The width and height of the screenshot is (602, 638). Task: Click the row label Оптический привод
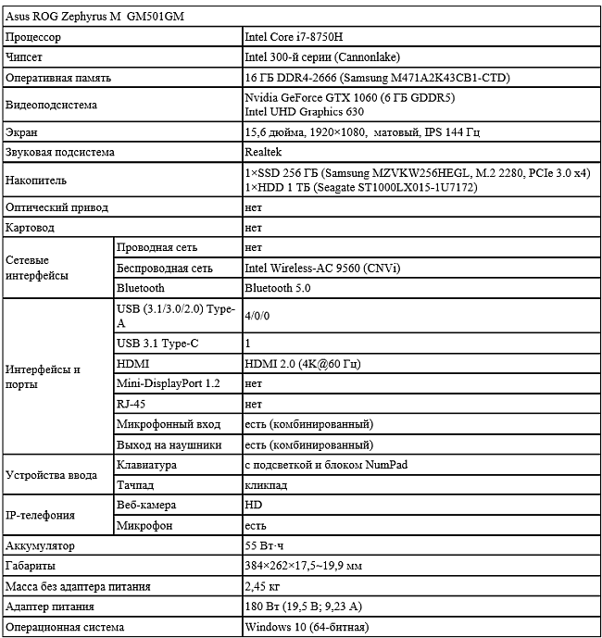click(55, 207)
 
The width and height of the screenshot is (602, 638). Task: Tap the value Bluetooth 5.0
click(276, 289)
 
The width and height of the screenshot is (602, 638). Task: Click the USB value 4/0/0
click(257, 316)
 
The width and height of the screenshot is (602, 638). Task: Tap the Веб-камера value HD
click(253, 506)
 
